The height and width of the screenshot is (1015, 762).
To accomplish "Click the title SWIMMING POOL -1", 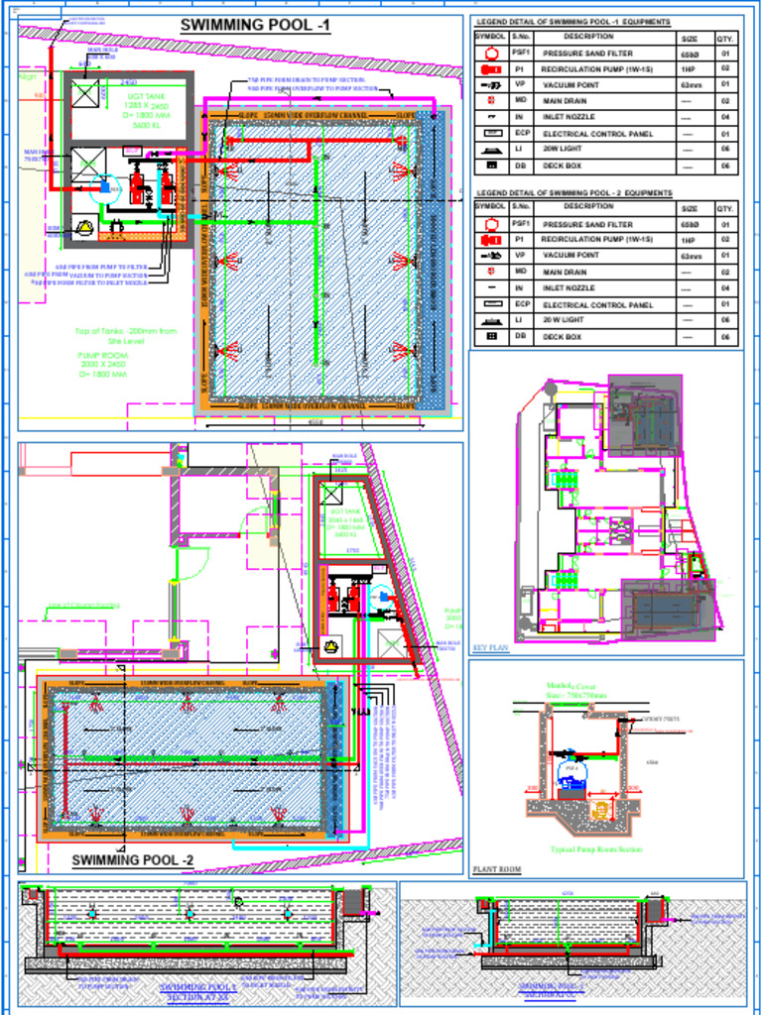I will pyautogui.click(x=255, y=26).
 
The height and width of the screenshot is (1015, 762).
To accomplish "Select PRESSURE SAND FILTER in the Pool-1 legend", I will pyautogui.click(x=587, y=54).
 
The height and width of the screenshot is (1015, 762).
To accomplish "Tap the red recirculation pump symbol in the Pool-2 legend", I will pyautogui.click(x=491, y=240).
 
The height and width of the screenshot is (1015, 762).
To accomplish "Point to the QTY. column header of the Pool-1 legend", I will pyautogui.click(x=725, y=37).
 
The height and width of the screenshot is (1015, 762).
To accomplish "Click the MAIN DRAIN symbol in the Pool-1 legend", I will pyautogui.click(x=491, y=101).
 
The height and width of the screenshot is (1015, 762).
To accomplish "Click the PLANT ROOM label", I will pyautogui.click(x=496, y=869).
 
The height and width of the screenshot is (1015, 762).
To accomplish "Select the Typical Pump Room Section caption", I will pyautogui.click(x=596, y=849).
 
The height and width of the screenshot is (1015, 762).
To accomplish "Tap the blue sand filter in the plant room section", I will pyautogui.click(x=571, y=769).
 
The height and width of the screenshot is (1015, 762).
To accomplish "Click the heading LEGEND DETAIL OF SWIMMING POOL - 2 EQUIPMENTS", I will pyautogui.click(x=573, y=193).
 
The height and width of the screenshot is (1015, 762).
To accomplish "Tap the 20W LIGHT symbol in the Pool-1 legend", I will pyautogui.click(x=492, y=149).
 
